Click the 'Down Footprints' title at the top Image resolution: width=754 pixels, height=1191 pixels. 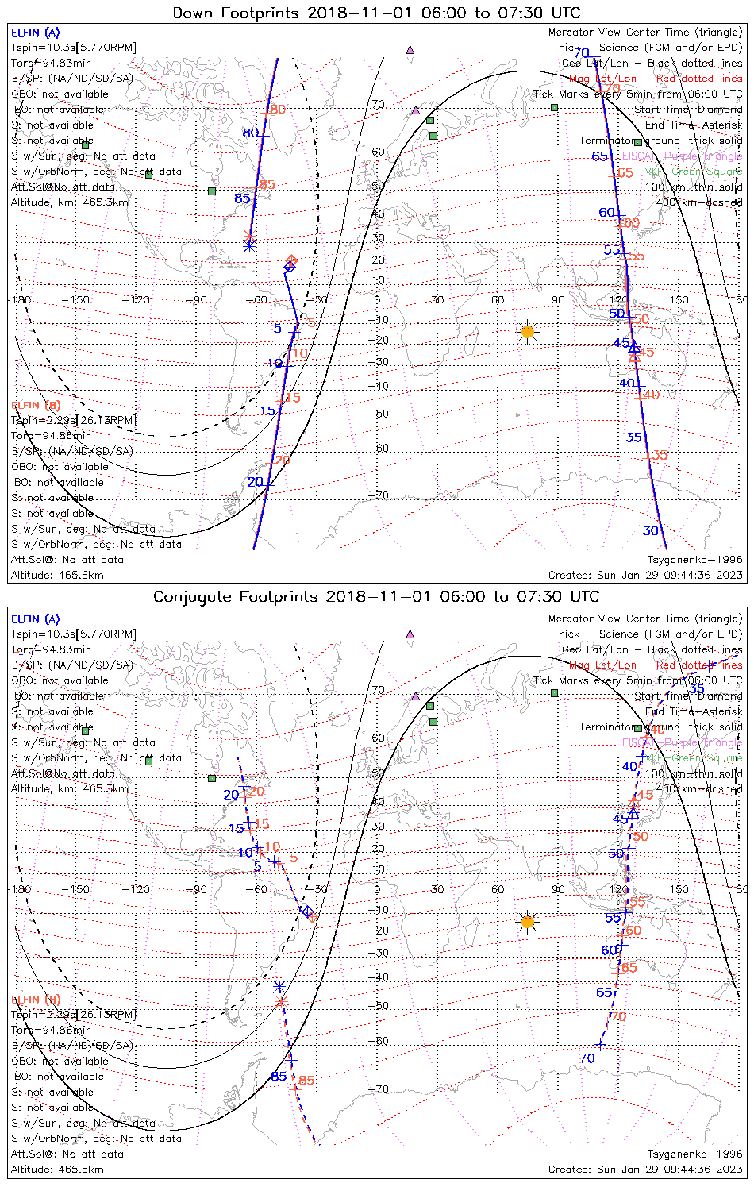pos(376,13)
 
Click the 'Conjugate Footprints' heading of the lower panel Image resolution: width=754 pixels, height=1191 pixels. pos(376,596)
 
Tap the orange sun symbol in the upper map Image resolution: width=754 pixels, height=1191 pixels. pos(527,331)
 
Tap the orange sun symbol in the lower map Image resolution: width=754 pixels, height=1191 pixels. pos(527,921)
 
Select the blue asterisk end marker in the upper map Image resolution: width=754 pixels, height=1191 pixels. pos(249,246)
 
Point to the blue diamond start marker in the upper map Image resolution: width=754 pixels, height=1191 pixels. pos(290,267)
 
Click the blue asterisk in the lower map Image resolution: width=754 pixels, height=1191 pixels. pos(279,987)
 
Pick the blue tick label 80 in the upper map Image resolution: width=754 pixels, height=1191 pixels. pos(251,133)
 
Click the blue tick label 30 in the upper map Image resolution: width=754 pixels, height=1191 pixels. pos(651,531)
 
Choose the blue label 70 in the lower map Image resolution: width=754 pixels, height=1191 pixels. pos(587,1058)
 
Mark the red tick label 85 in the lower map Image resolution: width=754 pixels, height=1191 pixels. pos(306,1081)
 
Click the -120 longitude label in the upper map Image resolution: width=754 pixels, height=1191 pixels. pos(140,300)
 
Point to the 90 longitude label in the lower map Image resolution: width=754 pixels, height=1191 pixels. pos(558,889)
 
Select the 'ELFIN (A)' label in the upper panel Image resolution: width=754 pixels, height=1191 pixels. pos(35,33)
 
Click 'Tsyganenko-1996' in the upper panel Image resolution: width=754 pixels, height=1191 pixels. pos(694,560)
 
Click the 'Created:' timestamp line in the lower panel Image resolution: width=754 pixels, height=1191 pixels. pos(645,1170)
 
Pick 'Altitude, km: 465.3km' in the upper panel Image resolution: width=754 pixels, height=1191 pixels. pos(70,202)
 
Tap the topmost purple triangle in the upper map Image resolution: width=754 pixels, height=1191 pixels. pos(410,49)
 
